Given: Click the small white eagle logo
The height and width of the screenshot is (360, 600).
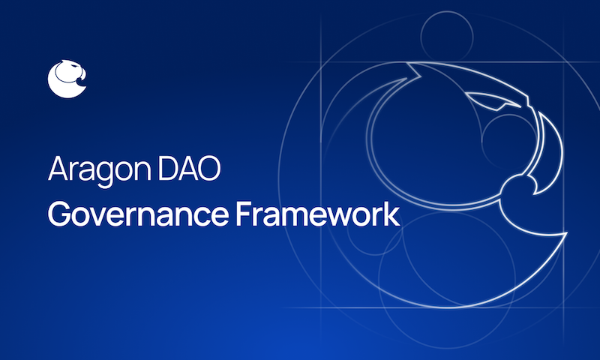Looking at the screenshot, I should point(67,78).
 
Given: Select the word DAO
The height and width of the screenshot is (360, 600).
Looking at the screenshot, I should point(191,169).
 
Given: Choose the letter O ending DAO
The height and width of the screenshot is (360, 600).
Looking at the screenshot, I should point(209,169).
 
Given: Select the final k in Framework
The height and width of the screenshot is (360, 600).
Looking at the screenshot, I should point(392,214).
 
